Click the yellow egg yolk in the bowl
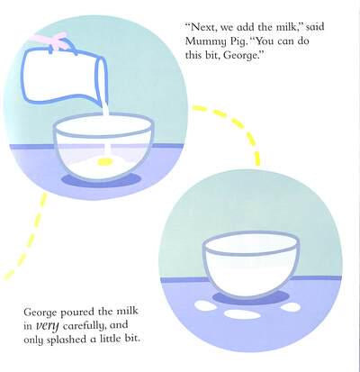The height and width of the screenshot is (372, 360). coord(104,161)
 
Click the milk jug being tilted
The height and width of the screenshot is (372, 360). coord(65,76)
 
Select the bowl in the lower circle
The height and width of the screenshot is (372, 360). coord(251,264)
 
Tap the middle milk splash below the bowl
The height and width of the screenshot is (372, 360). coord(242,314)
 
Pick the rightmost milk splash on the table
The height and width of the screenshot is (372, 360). coord(289,307)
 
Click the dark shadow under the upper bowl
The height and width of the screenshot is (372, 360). coord(102,181)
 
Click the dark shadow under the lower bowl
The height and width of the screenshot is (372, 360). coord(251,298)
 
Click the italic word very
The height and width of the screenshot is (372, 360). coord(46,326)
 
